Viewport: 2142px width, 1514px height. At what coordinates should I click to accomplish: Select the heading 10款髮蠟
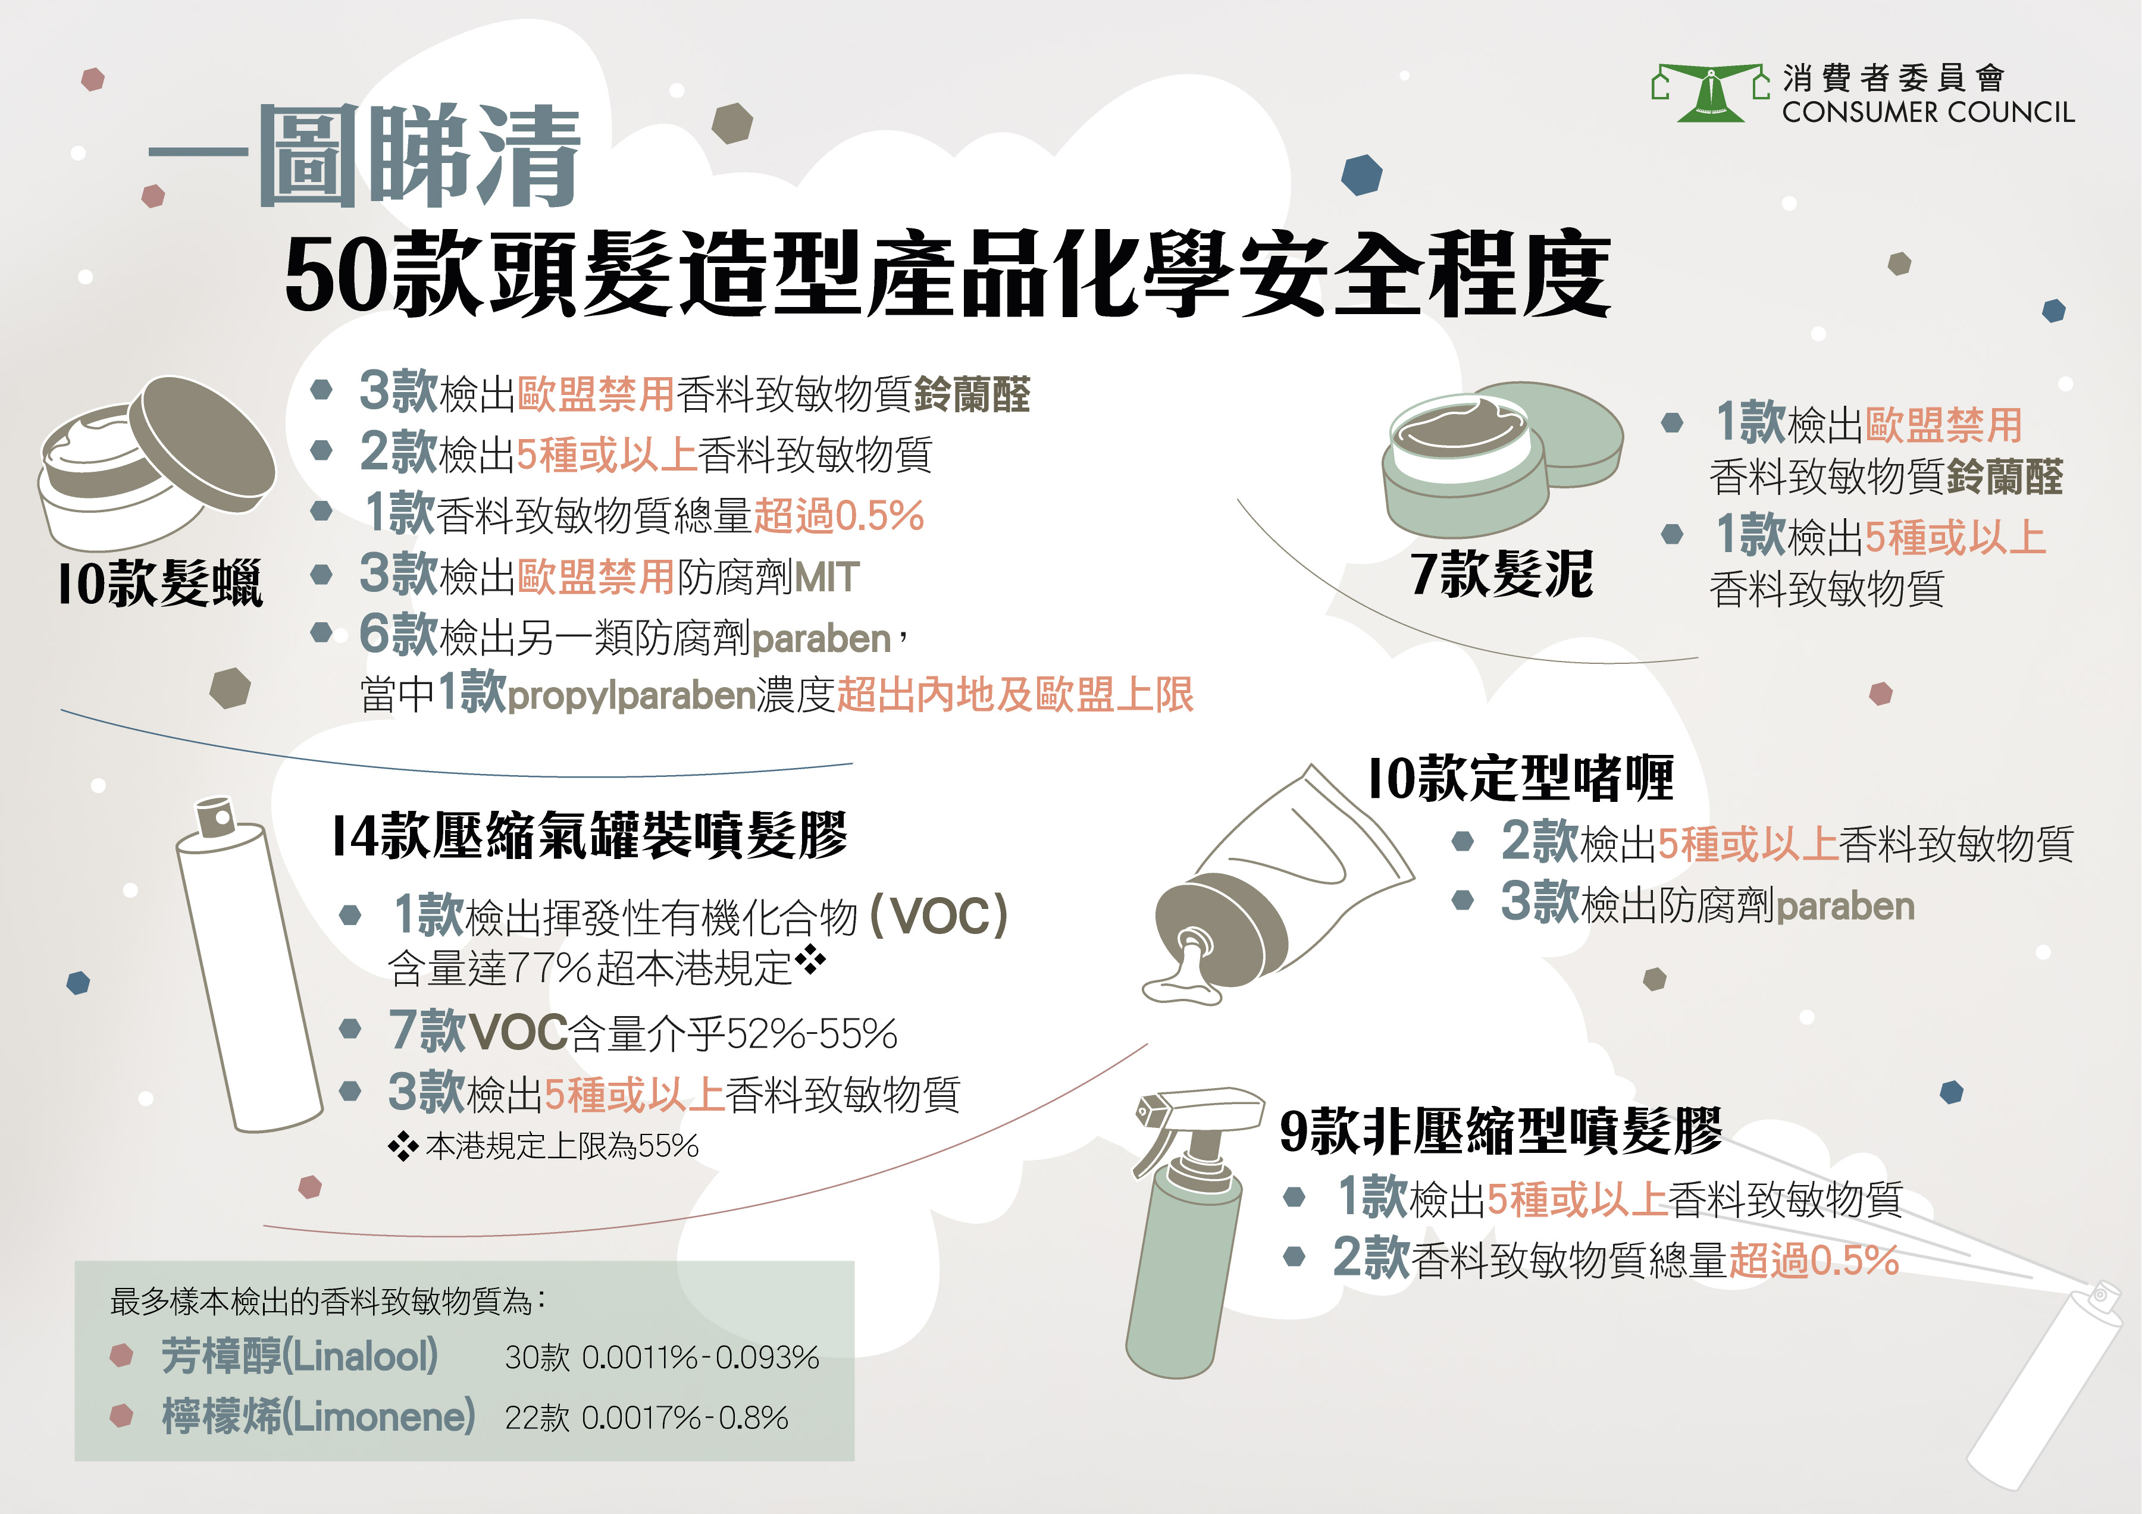click(x=161, y=584)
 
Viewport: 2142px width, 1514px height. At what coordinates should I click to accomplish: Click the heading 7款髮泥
click(x=1501, y=573)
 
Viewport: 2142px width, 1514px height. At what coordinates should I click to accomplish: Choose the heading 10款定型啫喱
click(x=1521, y=778)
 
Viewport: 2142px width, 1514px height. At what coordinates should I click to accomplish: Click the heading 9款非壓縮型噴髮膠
click(x=1500, y=1131)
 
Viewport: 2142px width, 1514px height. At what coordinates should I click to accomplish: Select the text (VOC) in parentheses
click(x=938, y=916)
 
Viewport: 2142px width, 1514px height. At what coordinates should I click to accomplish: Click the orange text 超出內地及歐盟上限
click(x=1015, y=695)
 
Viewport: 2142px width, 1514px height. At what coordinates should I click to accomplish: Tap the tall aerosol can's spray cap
click(x=217, y=816)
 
